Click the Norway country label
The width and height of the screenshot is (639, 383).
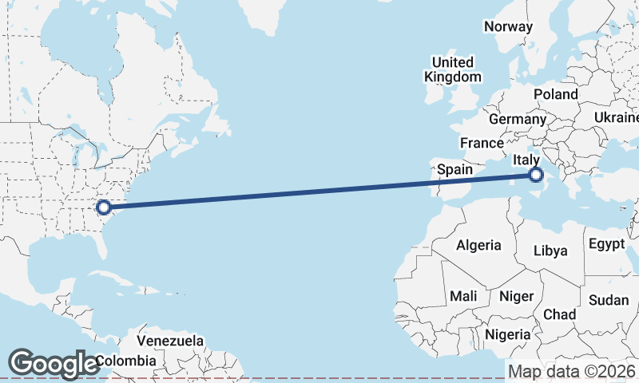click(508, 26)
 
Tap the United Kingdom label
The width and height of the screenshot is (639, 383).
click(453, 69)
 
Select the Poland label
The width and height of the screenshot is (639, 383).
click(556, 94)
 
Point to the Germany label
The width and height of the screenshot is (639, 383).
click(517, 118)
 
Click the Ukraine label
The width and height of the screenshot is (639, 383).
click(617, 117)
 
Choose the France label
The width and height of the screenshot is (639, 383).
click(482, 143)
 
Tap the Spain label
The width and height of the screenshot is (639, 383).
click(454, 169)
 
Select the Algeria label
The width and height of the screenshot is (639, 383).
click(478, 245)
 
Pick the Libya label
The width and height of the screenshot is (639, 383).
click(551, 251)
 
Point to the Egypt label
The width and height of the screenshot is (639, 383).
click(607, 244)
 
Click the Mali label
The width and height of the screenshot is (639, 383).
click(463, 296)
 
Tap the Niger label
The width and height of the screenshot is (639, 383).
click(516, 296)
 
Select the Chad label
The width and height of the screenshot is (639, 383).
click(559, 314)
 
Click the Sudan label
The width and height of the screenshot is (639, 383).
click(609, 300)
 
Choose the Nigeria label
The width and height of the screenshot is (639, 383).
click(507, 334)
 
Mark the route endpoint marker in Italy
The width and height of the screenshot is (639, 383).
click(535, 175)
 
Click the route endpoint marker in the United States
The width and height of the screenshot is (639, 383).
click(103, 207)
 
